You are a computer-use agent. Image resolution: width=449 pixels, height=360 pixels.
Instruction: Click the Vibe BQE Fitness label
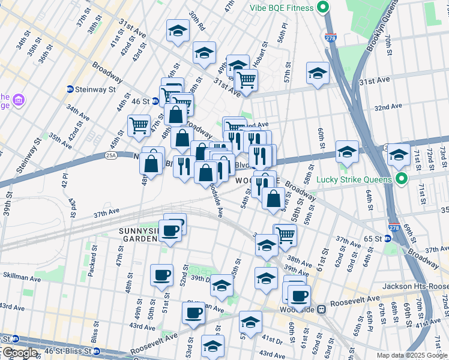point(282,8)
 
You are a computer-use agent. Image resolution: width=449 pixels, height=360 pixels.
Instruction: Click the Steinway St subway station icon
point(70,89)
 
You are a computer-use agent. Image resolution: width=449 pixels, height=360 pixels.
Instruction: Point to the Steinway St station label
point(95,89)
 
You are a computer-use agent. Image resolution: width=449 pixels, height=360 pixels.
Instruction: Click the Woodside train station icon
point(321,310)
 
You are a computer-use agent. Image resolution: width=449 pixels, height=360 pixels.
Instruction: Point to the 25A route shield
point(110,155)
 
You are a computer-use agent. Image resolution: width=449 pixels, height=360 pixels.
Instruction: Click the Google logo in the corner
point(19,353)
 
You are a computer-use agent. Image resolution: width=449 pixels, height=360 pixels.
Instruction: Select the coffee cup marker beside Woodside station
point(298,295)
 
